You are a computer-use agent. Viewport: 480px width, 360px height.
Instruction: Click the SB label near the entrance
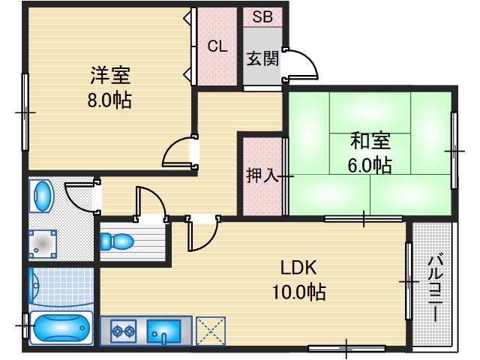262,16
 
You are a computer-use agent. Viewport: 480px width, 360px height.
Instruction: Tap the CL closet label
217,46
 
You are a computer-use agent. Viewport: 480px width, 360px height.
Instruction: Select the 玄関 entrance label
262,58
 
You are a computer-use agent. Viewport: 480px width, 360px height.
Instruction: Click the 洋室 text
111,76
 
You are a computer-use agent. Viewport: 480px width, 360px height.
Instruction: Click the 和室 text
370,141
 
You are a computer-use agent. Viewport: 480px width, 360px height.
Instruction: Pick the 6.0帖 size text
370,165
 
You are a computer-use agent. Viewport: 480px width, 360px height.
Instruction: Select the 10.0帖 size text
298,291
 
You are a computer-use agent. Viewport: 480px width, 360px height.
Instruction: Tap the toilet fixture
118,241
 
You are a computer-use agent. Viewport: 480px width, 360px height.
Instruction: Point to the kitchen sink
163,330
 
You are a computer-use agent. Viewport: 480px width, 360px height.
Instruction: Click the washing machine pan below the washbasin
43,243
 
